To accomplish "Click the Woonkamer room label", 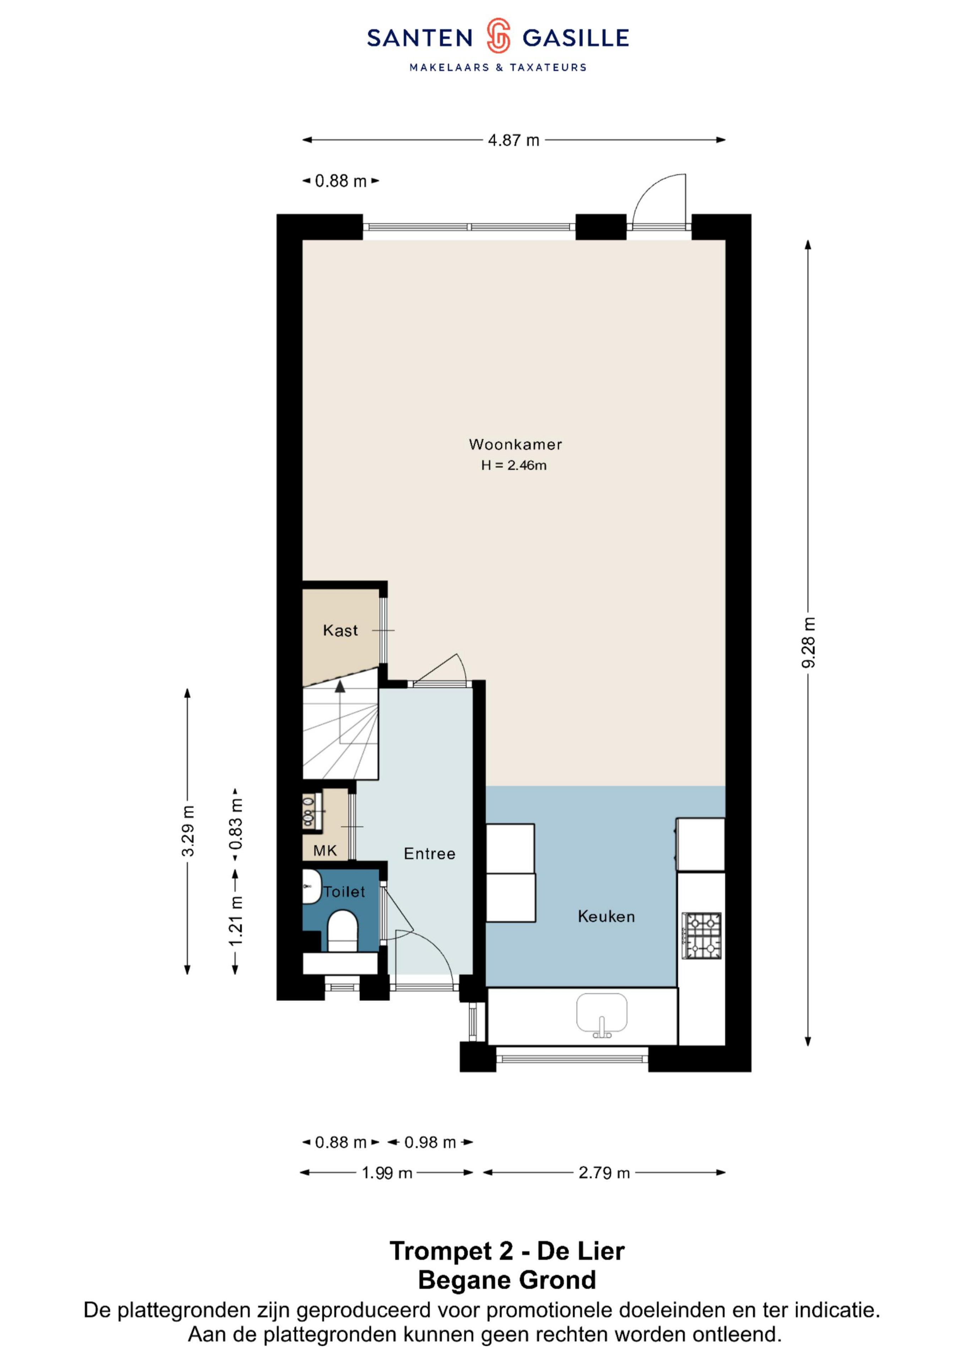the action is point(515,444).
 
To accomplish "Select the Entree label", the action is point(429,854).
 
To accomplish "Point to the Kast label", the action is point(341,630).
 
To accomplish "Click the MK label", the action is point(325,851).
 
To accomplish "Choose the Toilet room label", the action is point(344,892).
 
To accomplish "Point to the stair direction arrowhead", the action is point(340,686).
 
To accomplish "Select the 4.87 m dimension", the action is point(514,140).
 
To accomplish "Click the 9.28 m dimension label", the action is point(808,642).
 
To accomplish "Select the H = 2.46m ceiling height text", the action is point(514,465).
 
